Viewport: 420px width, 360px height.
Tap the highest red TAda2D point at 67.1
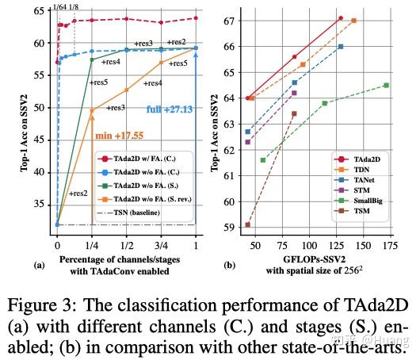(341, 17)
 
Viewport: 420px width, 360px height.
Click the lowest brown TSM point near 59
(247, 224)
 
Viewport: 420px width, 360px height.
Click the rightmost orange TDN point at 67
(353, 21)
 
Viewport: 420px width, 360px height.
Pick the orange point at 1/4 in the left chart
(92, 110)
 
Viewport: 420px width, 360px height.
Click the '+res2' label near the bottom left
(78, 193)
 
